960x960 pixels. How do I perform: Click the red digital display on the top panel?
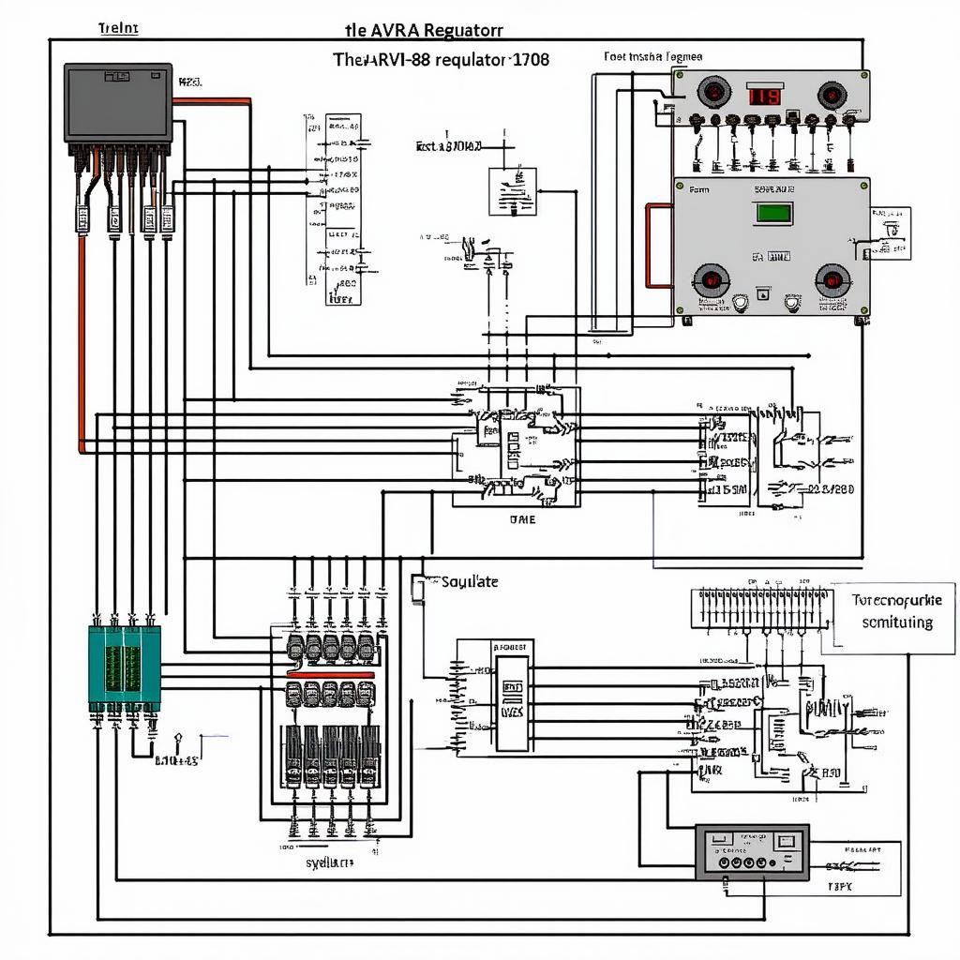click(764, 96)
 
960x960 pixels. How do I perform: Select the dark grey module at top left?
click(118, 102)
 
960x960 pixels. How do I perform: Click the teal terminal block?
click(125, 667)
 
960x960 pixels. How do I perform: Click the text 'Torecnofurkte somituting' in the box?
click(895, 610)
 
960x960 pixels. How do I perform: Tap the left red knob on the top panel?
click(713, 94)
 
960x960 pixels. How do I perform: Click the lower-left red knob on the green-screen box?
click(711, 278)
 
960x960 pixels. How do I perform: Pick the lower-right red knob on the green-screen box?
click(832, 278)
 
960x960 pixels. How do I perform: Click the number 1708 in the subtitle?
click(530, 58)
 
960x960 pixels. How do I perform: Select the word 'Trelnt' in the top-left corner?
click(118, 27)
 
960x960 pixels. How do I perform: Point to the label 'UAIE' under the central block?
click(522, 519)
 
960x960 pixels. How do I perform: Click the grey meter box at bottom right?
click(751, 851)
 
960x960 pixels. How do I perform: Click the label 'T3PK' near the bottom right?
click(840, 885)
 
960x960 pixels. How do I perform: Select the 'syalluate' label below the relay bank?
click(330, 862)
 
